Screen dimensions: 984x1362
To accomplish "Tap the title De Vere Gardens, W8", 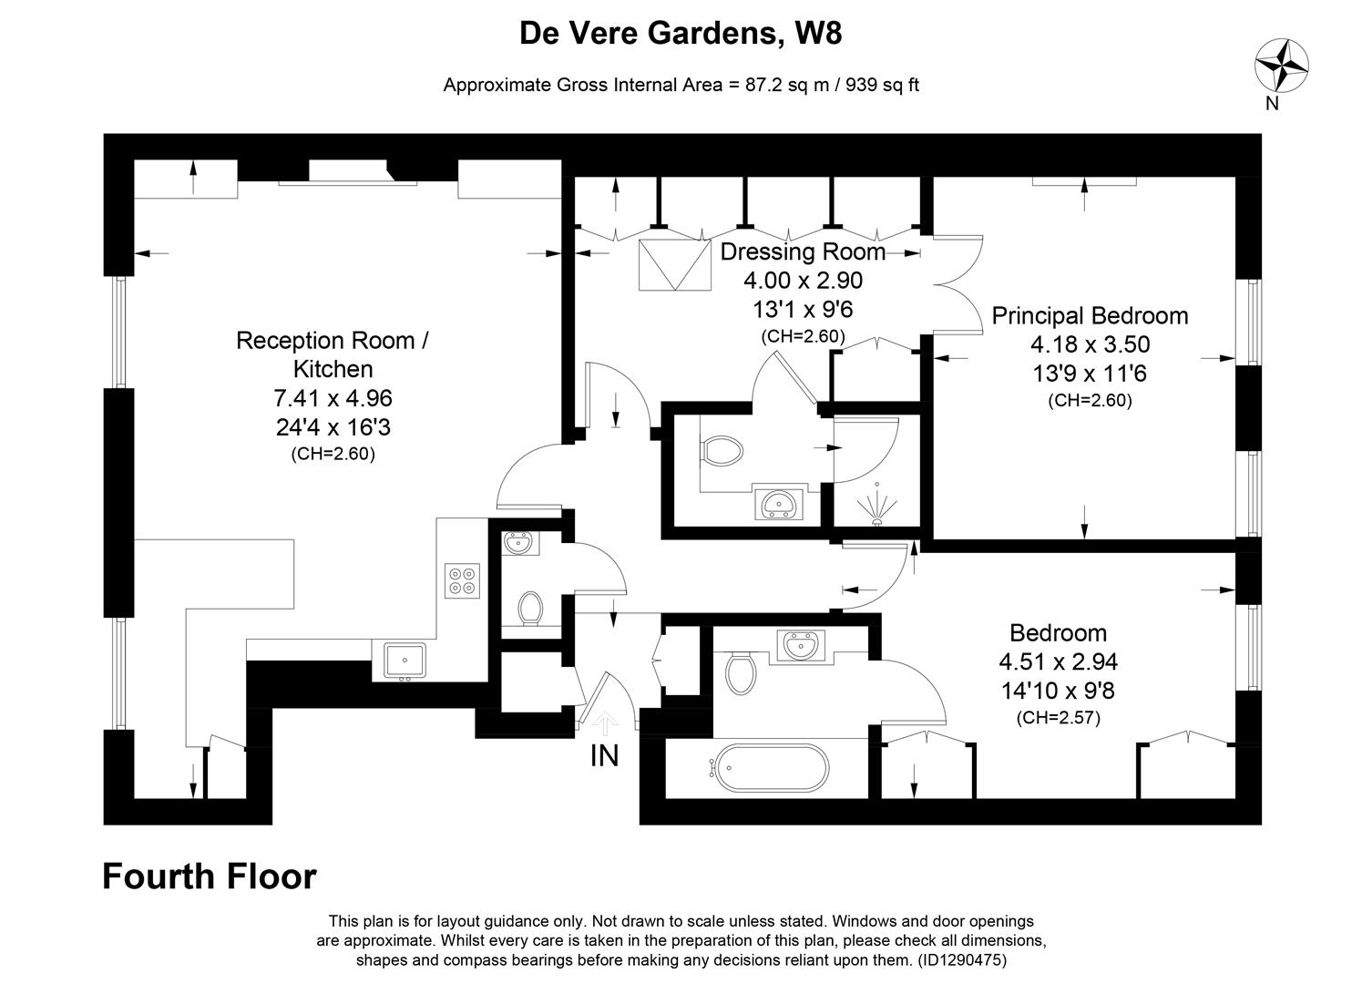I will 681,33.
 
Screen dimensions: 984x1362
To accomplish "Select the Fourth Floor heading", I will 210,876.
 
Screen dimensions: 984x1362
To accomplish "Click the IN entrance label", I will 605,755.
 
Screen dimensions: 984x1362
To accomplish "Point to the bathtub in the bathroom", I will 772,768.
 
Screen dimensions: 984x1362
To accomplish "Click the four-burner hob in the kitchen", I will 462,580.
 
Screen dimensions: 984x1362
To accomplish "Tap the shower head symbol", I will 876,505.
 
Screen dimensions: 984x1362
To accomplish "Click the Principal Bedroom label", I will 1090,316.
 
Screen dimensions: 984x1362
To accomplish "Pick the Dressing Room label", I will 802,251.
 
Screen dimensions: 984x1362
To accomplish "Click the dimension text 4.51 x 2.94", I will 1059,661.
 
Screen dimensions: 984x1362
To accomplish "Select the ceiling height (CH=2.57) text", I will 1059,718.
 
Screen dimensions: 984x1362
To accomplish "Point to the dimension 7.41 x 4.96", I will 333,398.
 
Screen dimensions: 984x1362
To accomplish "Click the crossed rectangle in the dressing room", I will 674,265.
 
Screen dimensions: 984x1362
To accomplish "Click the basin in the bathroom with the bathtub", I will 801,646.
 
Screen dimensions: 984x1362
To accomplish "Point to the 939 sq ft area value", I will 883,85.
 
